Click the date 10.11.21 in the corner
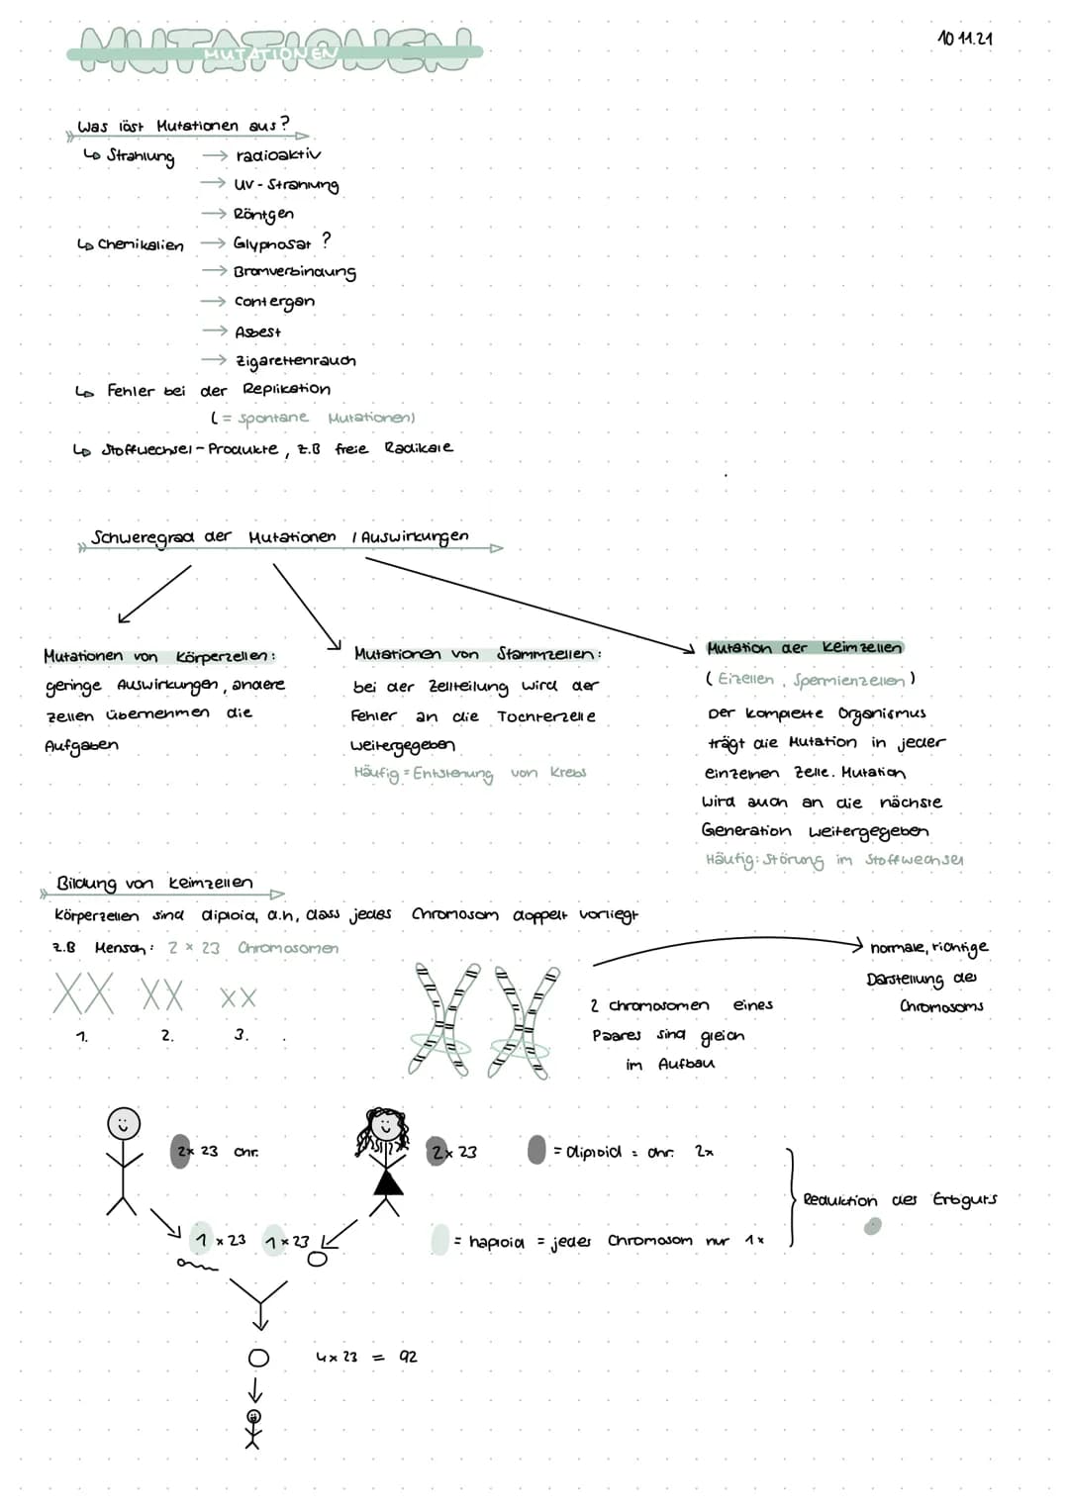click(x=964, y=39)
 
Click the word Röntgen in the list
click(x=263, y=214)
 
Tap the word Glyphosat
click(x=272, y=243)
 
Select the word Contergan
click(x=274, y=302)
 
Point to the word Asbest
click(x=258, y=332)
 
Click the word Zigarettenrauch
click(x=295, y=361)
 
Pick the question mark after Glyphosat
click(x=327, y=240)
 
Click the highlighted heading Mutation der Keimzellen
click(x=804, y=648)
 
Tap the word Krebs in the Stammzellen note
click(x=568, y=773)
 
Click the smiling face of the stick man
click(x=124, y=1124)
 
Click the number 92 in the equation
click(x=408, y=1357)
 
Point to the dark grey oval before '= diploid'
click(x=536, y=1150)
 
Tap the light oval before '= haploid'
click(x=440, y=1240)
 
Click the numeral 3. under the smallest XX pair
click(x=241, y=1035)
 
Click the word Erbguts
click(x=964, y=1199)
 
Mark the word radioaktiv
click(x=278, y=155)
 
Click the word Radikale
click(x=419, y=447)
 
